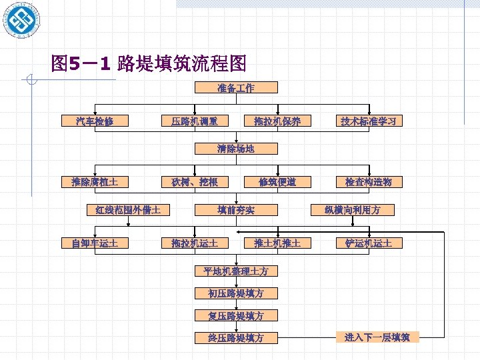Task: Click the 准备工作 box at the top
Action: [x=235, y=88]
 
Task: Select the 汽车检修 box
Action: [x=94, y=121]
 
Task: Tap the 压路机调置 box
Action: [x=194, y=121]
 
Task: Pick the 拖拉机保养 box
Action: [x=277, y=121]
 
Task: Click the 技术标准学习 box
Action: [x=369, y=121]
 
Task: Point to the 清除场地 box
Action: [x=235, y=149]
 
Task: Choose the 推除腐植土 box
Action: [x=94, y=182]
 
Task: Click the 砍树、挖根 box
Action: [x=194, y=182]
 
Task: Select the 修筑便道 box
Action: [x=277, y=182]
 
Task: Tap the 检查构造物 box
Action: [x=369, y=182]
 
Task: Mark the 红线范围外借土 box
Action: [x=127, y=210]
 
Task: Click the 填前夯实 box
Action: [x=235, y=210]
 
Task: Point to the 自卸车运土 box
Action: [x=94, y=243]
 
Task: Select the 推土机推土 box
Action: [x=277, y=243]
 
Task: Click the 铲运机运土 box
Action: [x=369, y=243]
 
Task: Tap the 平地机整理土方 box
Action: [x=235, y=271]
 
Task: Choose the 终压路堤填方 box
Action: [x=235, y=337]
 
